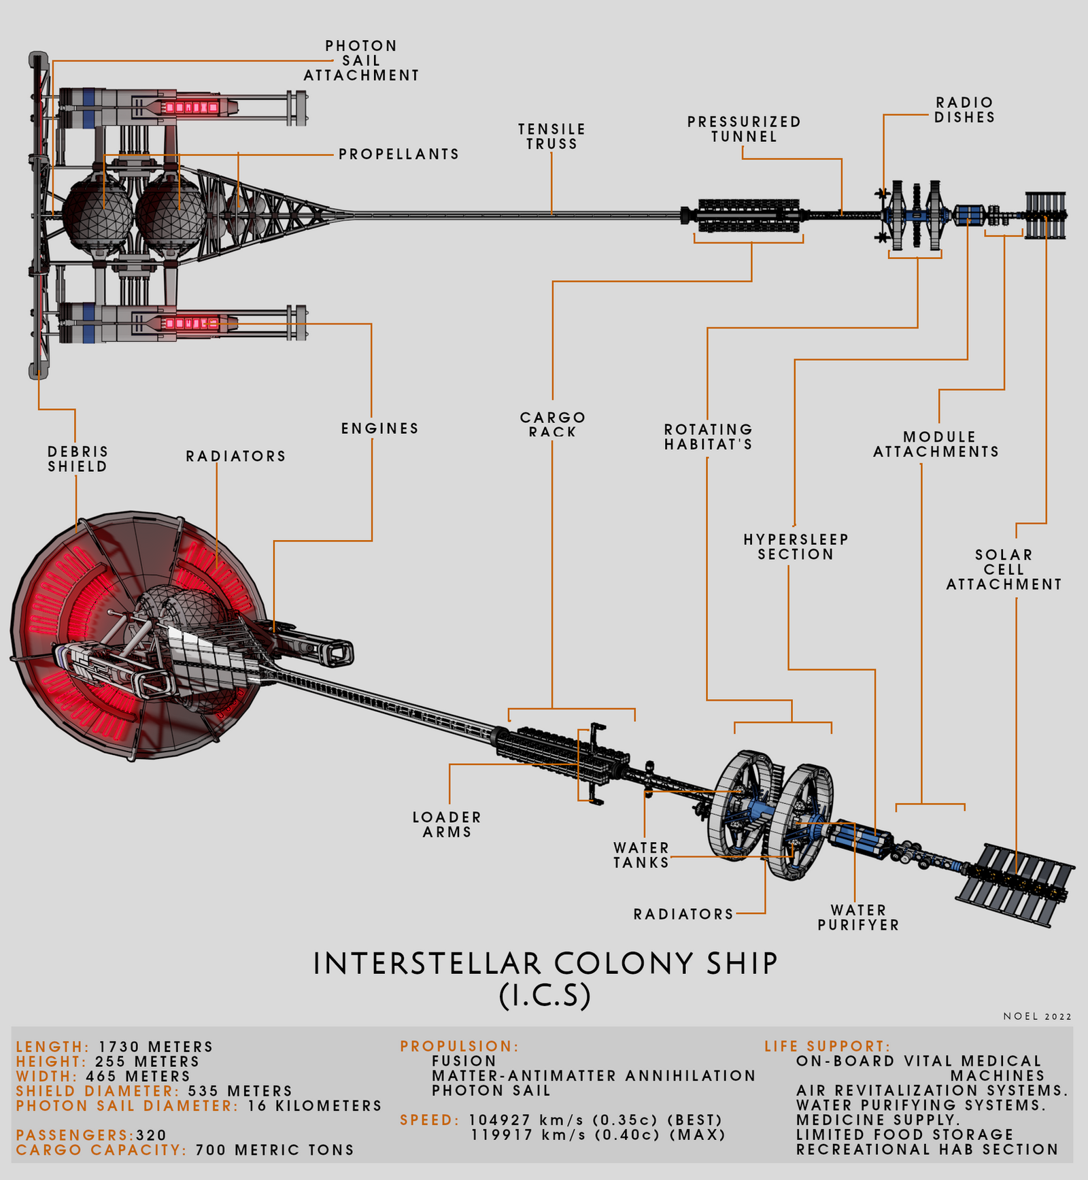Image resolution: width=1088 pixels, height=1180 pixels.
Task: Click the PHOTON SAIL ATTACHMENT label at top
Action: [x=361, y=61]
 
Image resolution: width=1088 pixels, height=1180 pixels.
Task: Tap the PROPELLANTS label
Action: [x=399, y=154]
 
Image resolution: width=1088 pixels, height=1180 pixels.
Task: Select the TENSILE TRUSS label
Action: [x=551, y=136]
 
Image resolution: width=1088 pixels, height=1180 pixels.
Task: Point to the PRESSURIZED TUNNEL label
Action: [x=744, y=129]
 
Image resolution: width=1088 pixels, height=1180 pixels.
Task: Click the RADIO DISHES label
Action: [x=964, y=109]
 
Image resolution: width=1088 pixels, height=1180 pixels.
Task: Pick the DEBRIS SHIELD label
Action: [x=78, y=459]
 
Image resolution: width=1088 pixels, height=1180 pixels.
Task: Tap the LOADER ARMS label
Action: [x=447, y=824]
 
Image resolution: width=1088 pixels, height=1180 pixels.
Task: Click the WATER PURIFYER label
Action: [x=858, y=917]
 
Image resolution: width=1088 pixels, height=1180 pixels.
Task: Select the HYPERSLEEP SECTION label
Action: [x=796, y=547]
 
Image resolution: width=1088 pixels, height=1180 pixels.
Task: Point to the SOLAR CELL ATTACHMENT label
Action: [x=1004, y=569]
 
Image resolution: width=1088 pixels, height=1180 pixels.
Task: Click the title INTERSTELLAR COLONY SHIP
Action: [x=545, y=964]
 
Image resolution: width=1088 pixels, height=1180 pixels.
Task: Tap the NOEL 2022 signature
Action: [x=1038, y=1016]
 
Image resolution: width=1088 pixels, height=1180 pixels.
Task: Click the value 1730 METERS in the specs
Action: [x=156, y=1047]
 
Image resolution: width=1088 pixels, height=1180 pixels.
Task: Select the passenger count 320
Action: [x=152, y=1135]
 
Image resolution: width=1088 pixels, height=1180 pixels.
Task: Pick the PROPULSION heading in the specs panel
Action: [x=460, y=1046]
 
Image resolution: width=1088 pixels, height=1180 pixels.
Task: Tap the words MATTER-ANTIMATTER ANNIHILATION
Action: [x=594, y=1076]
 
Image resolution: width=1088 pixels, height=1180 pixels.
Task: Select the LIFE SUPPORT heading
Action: [x=828, y=1046]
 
